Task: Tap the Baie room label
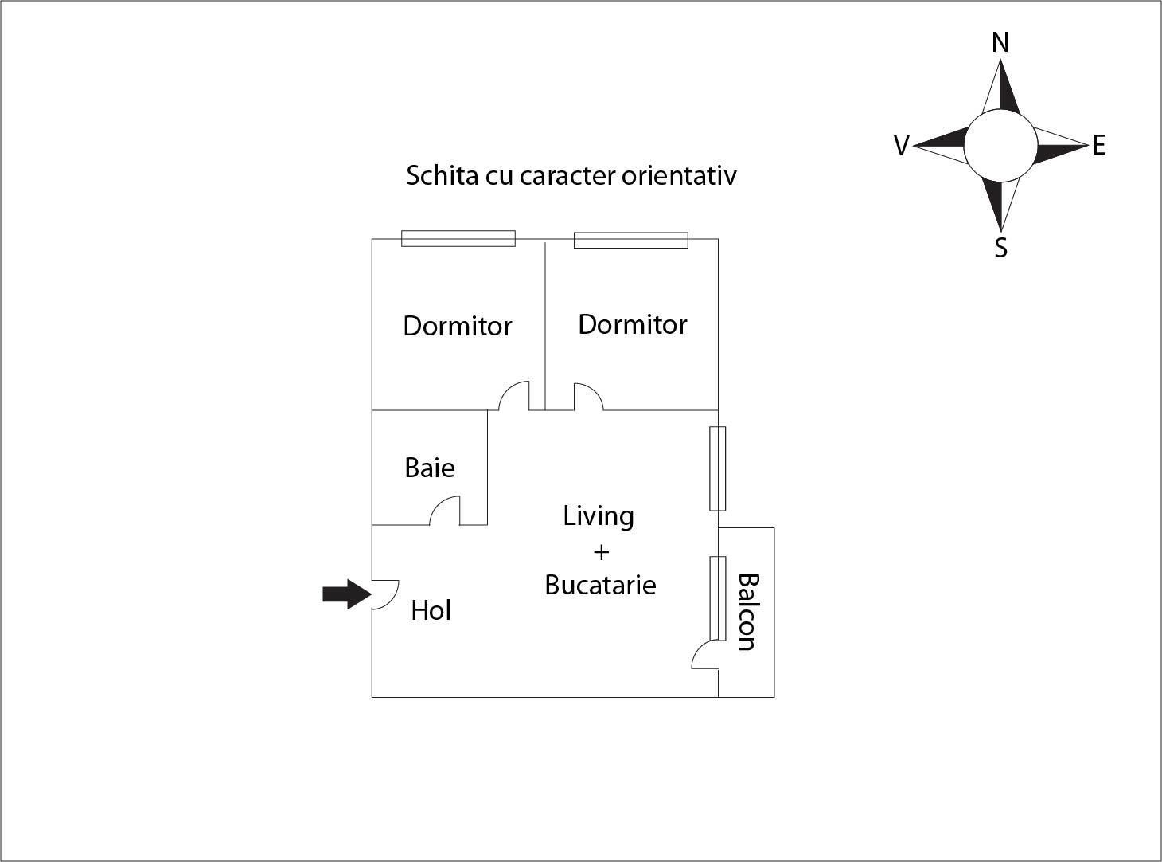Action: click(x=430, y=468)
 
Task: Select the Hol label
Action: click(x=431, y=611)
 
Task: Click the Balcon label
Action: click(x=746, y=612)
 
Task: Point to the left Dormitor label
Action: click(x=458, y=326)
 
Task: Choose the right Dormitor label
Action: click(x=633, y=324)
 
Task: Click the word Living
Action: click(x=599, y=516)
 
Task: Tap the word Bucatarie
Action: click(x=601, y=586)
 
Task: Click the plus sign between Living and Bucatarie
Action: click(x=602, y=551)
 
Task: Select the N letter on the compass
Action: click(x=1000, y=43)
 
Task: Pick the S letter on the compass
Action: click(x=1001, y=249)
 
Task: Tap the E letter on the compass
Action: click(x=1099, y=146)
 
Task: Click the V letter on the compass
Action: click(x=902, y=147)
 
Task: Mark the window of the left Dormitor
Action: click(x=458, y=238)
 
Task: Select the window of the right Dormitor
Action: click(x=631, y=240)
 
